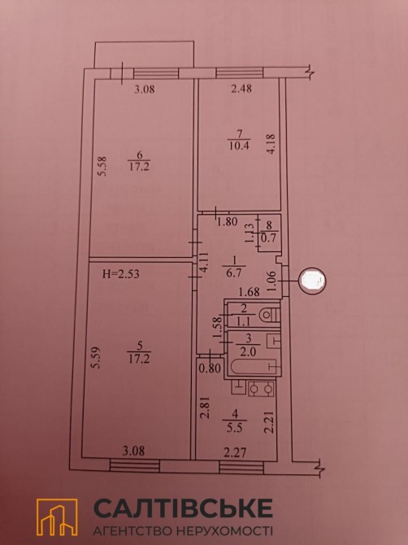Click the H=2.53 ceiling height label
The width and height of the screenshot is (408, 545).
[122, 274]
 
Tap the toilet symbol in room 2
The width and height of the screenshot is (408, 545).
[270, 316]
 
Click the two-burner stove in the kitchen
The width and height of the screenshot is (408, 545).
[261, 389]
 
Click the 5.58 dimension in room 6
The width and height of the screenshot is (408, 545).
[102, 167]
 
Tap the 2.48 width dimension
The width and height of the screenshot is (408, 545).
[241, 89]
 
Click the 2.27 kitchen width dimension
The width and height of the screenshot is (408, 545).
[236, 452]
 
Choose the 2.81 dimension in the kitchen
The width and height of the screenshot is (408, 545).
[205, 408]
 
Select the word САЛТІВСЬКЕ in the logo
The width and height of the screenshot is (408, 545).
[184, 508]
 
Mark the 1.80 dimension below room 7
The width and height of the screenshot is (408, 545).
[227, 221]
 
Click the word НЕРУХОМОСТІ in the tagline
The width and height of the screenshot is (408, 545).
[224, 531]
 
